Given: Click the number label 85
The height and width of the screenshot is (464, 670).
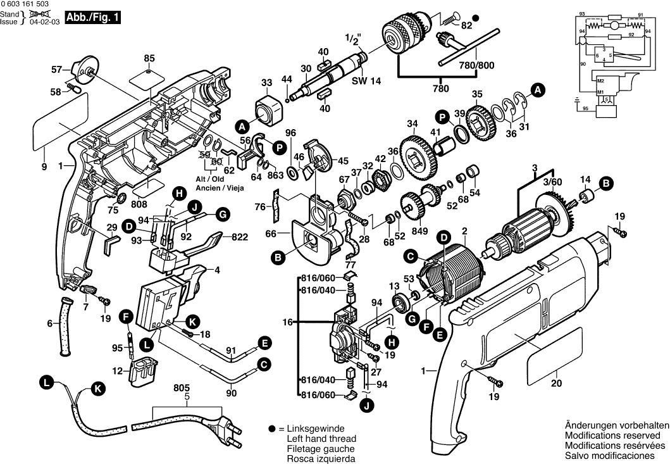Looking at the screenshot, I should [149, 59].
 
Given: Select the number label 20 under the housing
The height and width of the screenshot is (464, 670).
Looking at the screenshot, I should [556, 383].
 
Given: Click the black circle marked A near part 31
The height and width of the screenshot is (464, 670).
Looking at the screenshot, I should [537, 91].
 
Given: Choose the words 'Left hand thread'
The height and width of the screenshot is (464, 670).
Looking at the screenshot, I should [321, 439].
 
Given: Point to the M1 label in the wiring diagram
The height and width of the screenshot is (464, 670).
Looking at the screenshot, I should [601, 92].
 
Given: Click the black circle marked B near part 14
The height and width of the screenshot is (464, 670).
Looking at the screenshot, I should [606, 184].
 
